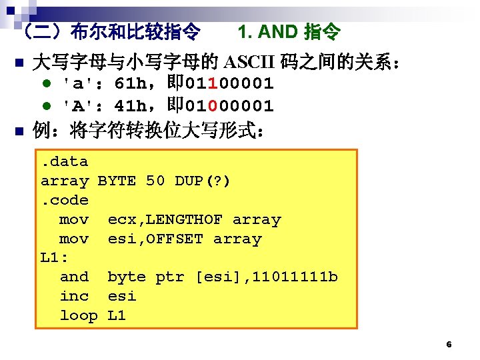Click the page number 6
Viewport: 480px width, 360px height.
click(449, 345)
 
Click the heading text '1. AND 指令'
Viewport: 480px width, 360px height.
click(289, 31)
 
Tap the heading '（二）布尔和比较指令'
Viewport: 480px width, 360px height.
click(111, 31)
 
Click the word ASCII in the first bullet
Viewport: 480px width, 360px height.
click(247, 63)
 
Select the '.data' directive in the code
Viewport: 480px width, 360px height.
click(65, 161)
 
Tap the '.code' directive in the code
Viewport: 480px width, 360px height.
click(65, 200)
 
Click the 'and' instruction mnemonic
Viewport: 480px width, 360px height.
click(74, 277)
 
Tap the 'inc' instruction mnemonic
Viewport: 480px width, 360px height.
click(74, 296)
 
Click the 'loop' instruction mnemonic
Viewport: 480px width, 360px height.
click(79, 315)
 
